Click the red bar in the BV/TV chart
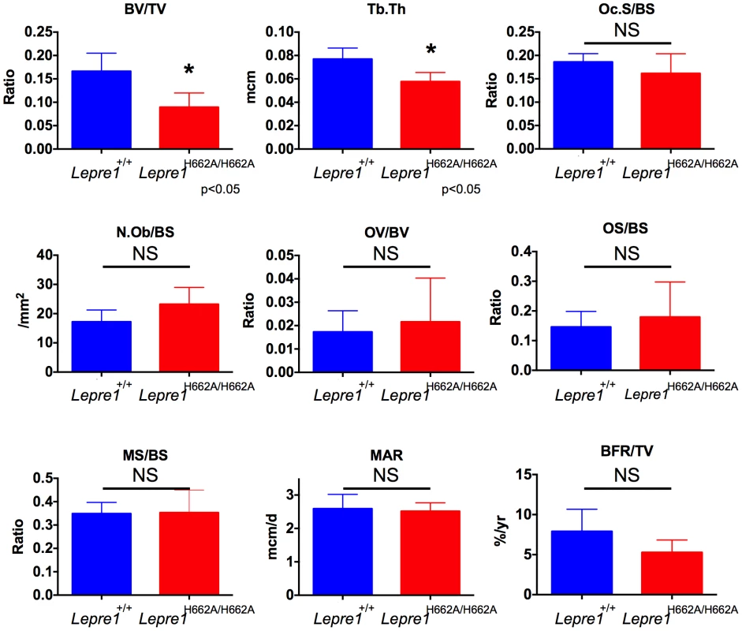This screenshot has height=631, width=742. [x=188, y=128]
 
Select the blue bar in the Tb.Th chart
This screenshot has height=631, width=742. [x=342, y=103]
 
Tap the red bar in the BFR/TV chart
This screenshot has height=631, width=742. [x=672, y=573]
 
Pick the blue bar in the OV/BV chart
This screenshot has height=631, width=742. [x=342, y=352]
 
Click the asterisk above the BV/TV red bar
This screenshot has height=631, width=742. [x=188, y=70]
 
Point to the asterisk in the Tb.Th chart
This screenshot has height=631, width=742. [x=431, y=49]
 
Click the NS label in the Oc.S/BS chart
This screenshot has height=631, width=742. [x=627, y=30]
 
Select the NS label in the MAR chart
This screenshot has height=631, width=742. [x=386, y=476]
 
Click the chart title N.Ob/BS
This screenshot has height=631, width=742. [x=145, y=233]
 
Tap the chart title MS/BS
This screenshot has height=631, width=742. [x=145, y=455]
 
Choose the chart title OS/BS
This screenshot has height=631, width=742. [x=625, y=228]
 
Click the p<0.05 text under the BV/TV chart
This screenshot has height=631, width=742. [x=221, y=189]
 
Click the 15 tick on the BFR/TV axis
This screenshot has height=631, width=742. [x=524, y=474]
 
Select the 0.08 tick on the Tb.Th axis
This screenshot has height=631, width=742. [x=279, y=55]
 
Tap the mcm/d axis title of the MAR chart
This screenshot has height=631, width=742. [x=273, y=536]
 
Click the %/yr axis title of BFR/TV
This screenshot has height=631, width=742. [x=501, y=530]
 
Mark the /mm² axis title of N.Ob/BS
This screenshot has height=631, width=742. [x=23, y=311]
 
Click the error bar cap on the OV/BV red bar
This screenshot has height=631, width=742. [x=431, y=278]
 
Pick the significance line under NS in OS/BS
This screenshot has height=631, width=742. [x=628, y=267]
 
